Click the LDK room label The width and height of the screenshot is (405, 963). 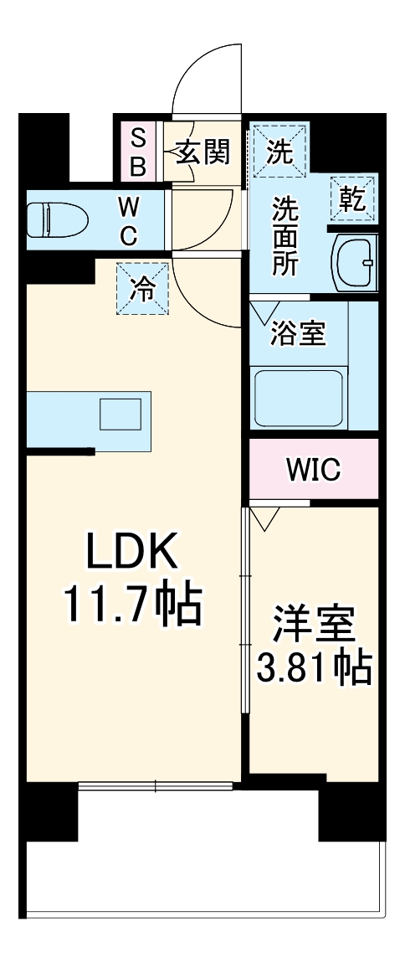(132, 552)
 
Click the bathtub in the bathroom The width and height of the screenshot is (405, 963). (298, 393)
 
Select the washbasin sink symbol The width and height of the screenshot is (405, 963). (356, 261)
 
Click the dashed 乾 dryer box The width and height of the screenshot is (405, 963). (351, 199)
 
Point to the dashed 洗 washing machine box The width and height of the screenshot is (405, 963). (279, 151)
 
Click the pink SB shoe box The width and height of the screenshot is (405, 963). (137, 151)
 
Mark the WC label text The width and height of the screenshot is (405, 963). (127, 220)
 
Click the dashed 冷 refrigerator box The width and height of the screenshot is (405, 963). (142, 289)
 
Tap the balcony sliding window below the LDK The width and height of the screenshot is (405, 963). (156, 785)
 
